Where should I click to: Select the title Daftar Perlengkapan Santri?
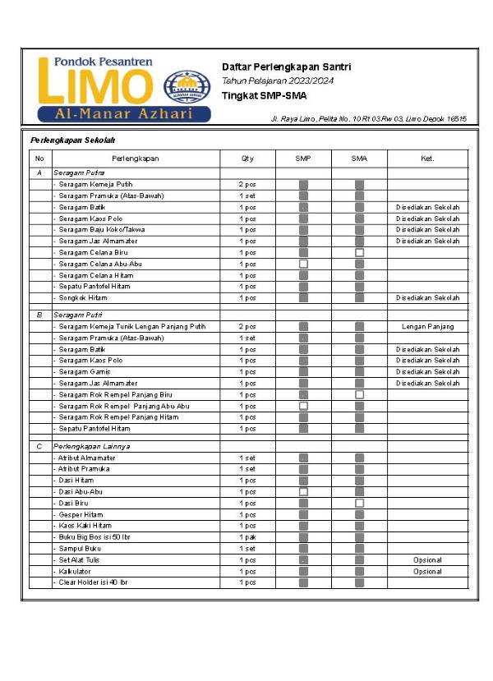click(280, 66)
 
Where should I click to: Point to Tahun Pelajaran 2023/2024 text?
click(278, 81)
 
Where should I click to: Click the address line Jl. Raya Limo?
click(369, 119)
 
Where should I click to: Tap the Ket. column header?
click(427, 158)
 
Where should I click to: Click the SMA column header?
click(359, 158)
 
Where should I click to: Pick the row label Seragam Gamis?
click(85, 372)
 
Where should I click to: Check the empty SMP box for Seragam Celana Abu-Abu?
click(303, 264)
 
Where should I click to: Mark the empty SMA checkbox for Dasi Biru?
click(359, 503)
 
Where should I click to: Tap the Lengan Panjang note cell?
click(427, 327)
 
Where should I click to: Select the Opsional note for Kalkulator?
click(427, 571)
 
